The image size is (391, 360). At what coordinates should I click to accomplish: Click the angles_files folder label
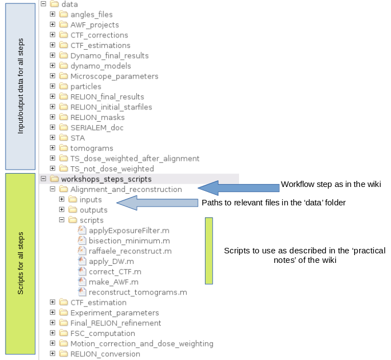click(x=92, y=15)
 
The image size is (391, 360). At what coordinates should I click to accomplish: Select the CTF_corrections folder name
click(x=99, y=35)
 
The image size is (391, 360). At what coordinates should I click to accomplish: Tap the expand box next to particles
click(x=53, y=86)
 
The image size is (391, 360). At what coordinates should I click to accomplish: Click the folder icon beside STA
click(x=64, y=137)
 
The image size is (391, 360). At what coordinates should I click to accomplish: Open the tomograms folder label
click(x=92, y=148)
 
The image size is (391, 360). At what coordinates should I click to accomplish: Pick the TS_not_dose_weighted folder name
click(x=112, y=169)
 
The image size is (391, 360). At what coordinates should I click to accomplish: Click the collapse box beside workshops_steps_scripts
click(x=44, y=179)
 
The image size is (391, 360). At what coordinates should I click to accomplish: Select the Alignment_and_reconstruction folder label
click(x=126, y=189)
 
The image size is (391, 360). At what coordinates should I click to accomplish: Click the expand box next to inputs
click(x=61, y=199)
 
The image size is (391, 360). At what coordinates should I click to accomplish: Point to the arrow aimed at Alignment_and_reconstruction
click(x=239, y=188)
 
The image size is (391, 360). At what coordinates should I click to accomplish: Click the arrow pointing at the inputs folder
click(x=158, y=203)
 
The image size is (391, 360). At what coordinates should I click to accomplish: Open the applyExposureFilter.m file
click(x=129, y=231)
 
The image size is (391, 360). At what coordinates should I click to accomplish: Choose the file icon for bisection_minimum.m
click(x=82, y=241)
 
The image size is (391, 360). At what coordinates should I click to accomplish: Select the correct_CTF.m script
click(x=115, y=272)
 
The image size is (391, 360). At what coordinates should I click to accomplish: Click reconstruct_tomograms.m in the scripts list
click(x=138, y=292)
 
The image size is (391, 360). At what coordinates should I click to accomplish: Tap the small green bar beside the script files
click(x=209, y=251)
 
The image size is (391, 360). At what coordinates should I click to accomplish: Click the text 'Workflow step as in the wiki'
click(x=331, y=184)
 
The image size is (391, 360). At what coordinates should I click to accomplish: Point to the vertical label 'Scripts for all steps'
click(x=21, y=263)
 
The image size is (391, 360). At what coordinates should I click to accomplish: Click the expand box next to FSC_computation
click(x=53, y=333)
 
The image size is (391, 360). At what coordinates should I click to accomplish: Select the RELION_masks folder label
click(x=98, y=117)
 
